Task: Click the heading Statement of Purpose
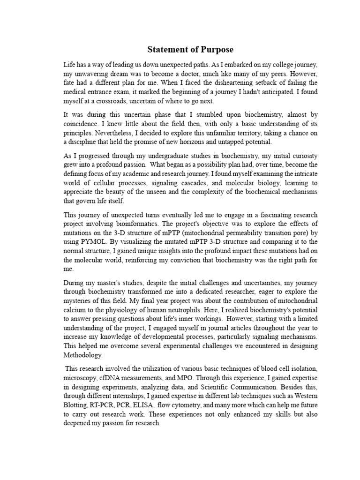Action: [190, 49]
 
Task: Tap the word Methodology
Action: [85, 355]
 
